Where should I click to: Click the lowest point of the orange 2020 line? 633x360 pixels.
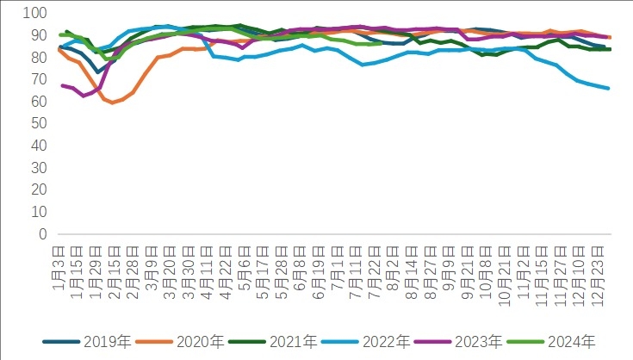pos(112,102)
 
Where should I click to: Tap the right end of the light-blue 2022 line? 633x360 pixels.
pos(609,88)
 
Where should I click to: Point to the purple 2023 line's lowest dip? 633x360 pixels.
pos(84,95)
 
